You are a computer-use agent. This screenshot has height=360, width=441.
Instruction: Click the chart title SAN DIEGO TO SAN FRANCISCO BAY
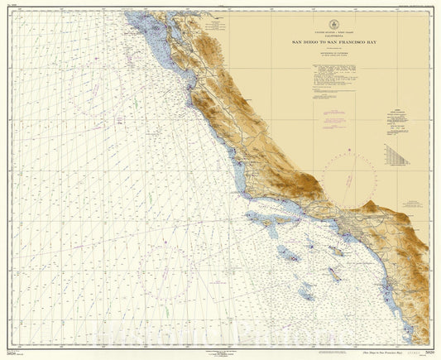pos(333,41)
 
